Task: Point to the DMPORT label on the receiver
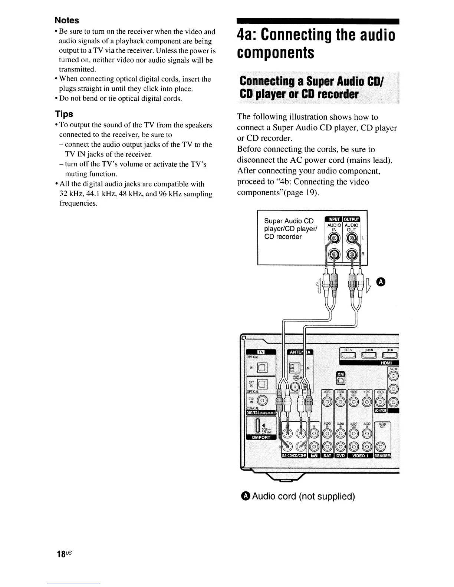(x=261, y=437)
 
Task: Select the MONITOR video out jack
(x=381, y=402)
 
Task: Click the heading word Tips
(x=64, y=114)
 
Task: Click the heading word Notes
(x=67, y=20)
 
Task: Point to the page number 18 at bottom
(x=61, y=554)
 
